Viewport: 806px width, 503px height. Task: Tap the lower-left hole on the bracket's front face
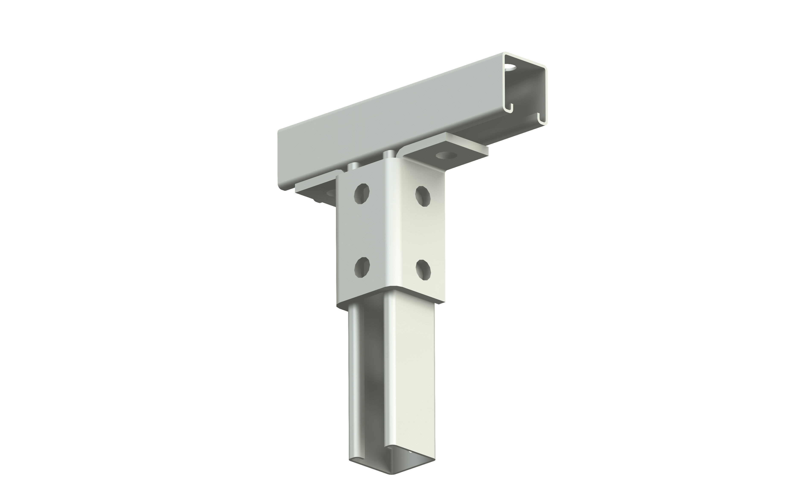click(362, 267)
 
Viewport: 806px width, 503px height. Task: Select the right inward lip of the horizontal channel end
click(540, 118)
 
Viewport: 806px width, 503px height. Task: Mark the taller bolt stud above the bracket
click(388, 156)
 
